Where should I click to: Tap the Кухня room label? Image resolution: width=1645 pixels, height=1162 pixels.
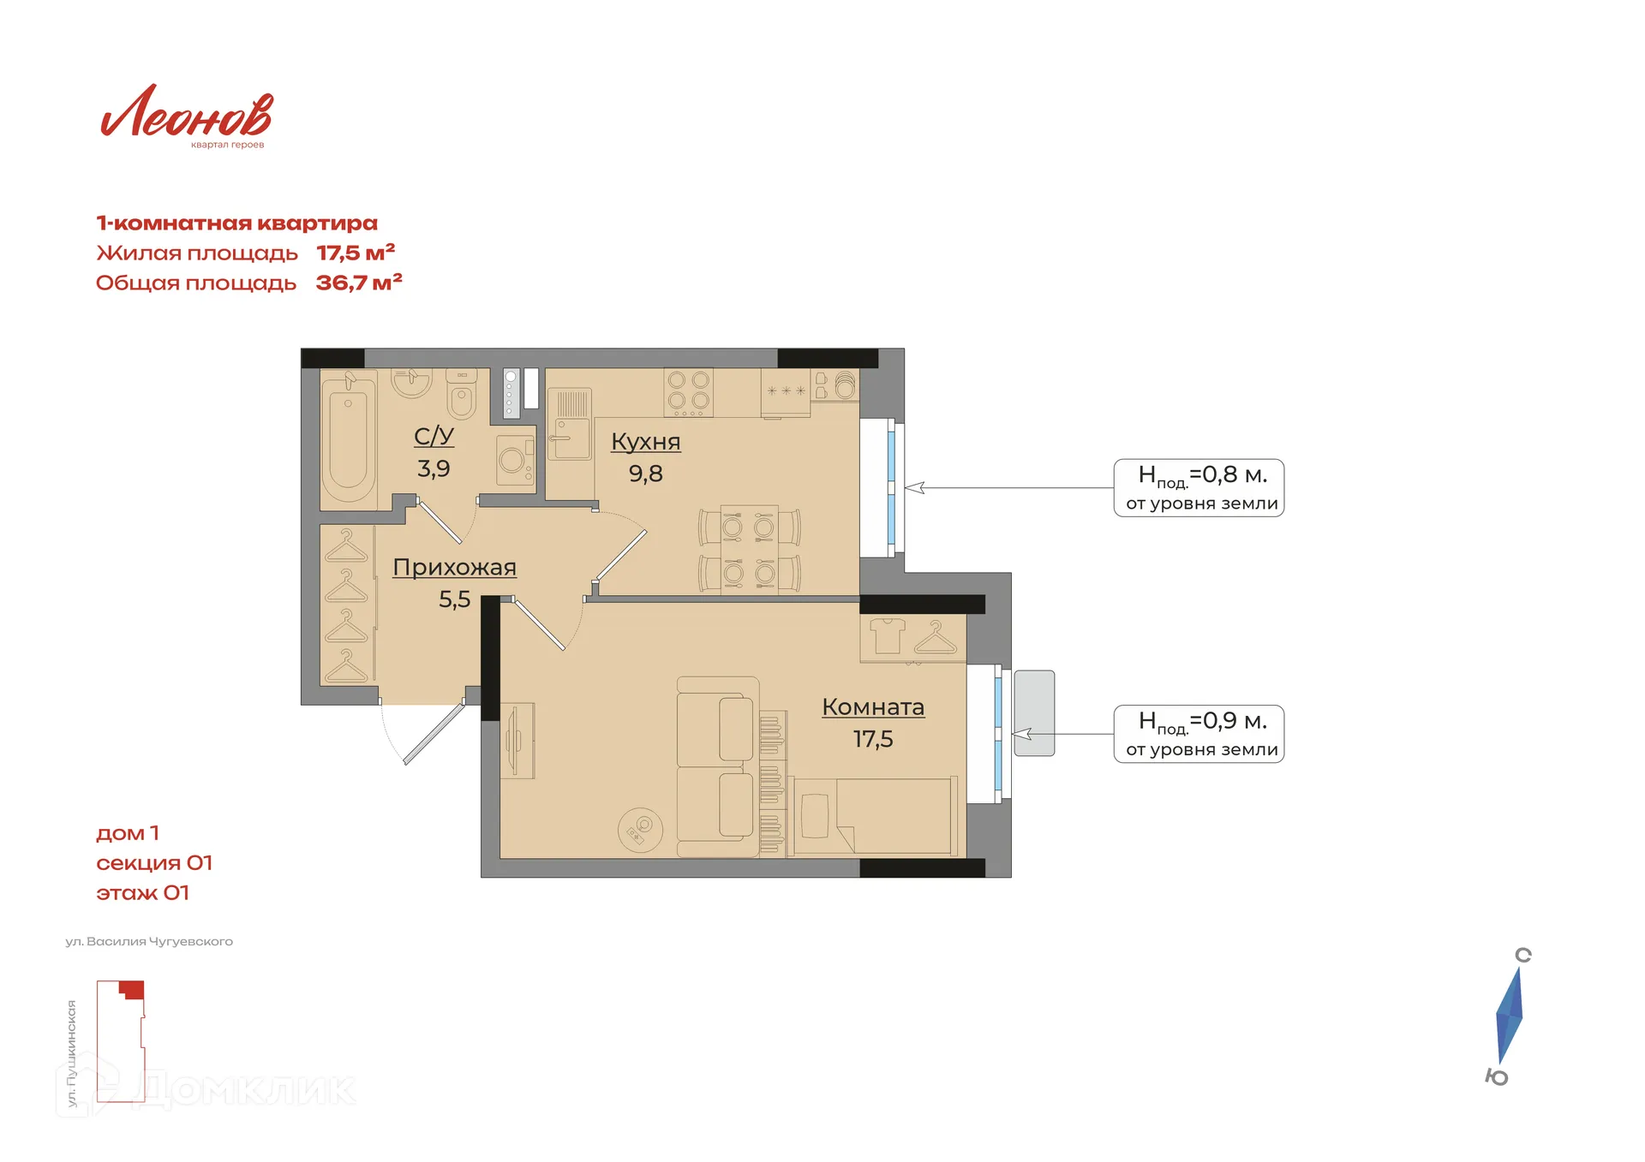click(646, 442)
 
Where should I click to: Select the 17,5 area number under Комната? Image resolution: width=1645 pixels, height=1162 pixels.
click(873, 739)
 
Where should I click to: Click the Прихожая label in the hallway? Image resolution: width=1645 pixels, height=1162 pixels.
click(454, 568)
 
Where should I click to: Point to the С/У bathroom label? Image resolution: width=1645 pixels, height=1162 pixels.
click(434, 436)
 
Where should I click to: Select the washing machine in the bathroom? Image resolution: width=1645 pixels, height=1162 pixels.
click(515, 461)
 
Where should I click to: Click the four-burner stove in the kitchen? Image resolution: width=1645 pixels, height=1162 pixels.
click(689, 392)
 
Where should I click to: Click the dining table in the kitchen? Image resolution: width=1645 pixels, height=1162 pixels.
click(749, 549)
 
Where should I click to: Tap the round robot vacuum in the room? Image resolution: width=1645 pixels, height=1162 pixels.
click(639, 830)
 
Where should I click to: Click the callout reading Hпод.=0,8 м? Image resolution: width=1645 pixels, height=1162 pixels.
click(1199, 487)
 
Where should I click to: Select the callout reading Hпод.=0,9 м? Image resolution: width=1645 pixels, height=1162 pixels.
click(1199, 734)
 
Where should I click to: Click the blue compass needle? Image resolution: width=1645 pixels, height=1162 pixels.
click(1510, 1016)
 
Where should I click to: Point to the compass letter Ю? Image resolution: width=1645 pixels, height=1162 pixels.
click(1497, 1077)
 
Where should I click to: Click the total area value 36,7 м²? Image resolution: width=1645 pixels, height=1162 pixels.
click(359, 283)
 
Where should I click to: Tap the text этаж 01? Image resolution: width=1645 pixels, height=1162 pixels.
click(142, 893)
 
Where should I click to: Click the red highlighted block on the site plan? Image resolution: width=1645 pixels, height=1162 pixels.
click(132, 990)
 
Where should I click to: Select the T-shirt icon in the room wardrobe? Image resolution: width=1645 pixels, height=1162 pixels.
click(887, 636)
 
